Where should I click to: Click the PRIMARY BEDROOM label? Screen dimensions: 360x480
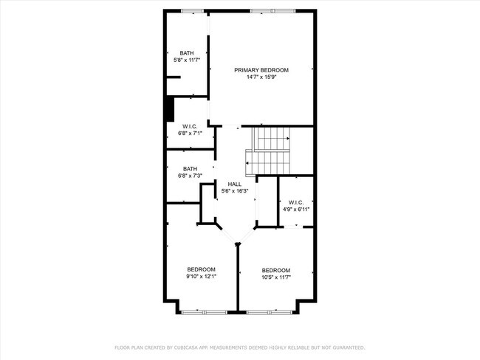[261, 70]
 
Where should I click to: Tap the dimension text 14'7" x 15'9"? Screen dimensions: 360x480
[261, 77]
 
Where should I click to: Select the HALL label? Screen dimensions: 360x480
[235, 184]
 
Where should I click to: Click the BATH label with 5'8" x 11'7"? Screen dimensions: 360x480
[187, 52]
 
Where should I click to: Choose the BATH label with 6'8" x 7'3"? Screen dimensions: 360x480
[190, 169]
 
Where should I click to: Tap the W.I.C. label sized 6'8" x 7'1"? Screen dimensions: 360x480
[190, 127]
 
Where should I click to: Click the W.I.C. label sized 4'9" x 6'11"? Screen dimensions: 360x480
[296, 202]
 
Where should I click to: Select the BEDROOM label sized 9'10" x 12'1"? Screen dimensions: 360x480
[201, 269]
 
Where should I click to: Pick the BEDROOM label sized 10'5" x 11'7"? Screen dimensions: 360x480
[275, 270]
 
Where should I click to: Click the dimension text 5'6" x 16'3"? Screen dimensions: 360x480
[235, 190]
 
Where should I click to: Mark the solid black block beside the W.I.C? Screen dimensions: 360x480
[169, 109]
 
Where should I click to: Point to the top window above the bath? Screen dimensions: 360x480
[193, 10]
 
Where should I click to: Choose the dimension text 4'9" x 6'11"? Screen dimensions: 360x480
[296, 209]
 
